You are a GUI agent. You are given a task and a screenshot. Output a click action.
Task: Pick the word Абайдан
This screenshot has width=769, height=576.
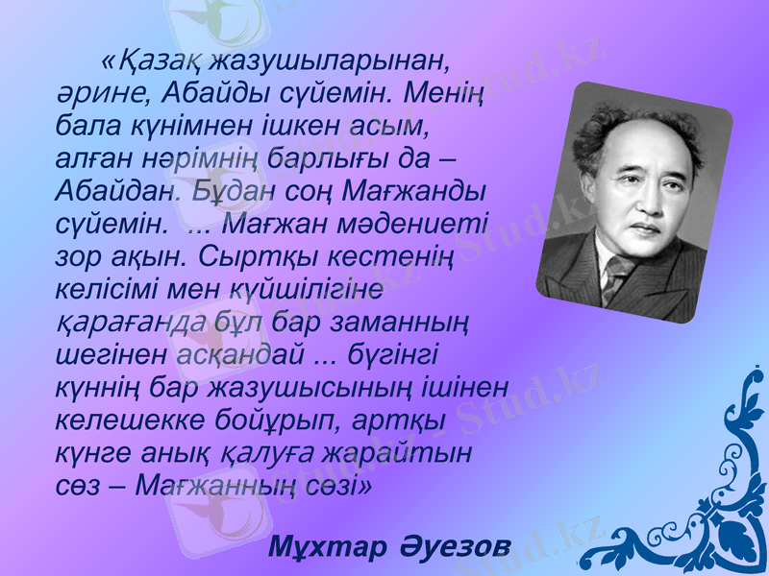pyautogui.click(x=116, y=190)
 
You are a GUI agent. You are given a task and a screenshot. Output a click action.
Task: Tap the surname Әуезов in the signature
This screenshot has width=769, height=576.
pyautogui.click(x=451, y=547)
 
